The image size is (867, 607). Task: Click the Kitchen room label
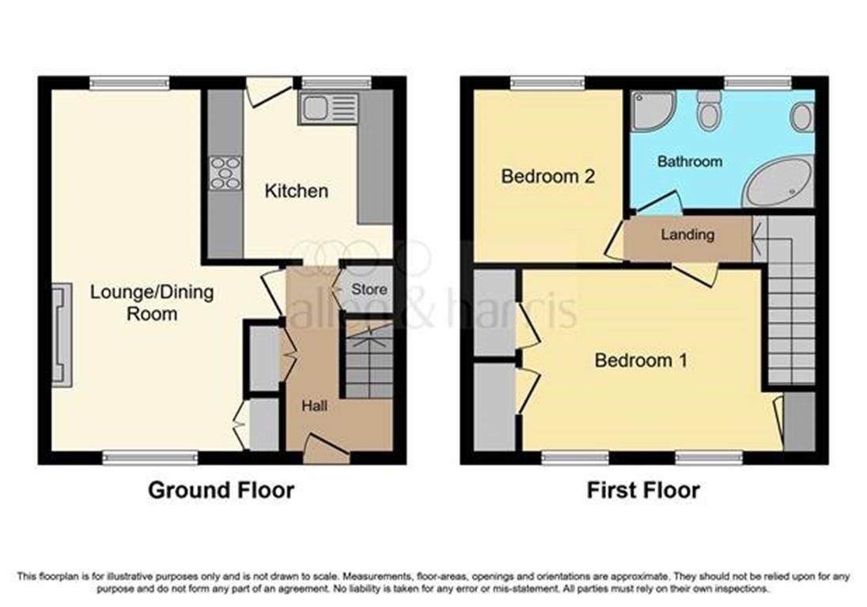[x=296, y=190]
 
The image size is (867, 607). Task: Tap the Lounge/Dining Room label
[x=152, y=303]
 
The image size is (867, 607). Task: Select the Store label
[x=369, y=289]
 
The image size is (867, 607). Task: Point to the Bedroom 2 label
[x=548, y=176]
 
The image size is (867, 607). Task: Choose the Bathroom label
[x=690, y=161]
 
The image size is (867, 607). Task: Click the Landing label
[x=687, y=235]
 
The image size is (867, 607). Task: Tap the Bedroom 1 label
[x=641, y=360]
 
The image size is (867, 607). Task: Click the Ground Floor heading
[x=221, y=490]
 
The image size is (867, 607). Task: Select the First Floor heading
[x=643, y=490]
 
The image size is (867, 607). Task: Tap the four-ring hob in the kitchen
[x=225, y=173]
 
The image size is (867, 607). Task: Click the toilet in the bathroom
[x=709, y=111]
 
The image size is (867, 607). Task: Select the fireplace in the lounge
[x=61, y=336]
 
